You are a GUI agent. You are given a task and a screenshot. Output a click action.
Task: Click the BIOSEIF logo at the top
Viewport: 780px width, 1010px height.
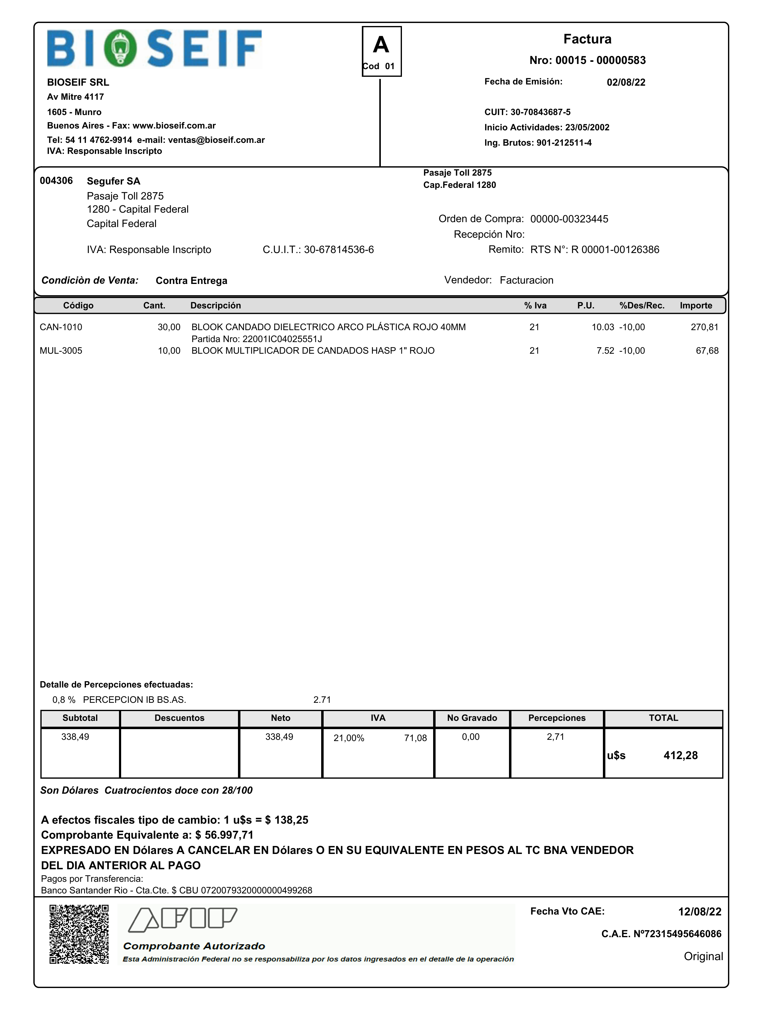tap(154, 49)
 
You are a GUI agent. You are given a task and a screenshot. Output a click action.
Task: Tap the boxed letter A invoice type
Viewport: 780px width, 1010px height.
tap(381, 45)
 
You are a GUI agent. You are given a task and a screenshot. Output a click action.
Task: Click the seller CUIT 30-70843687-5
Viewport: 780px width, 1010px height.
tap(540, 112)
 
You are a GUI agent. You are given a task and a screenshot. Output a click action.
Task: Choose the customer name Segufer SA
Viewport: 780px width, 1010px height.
tap(113, 181)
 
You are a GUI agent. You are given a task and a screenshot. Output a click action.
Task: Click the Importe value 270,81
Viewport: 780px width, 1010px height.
tap(704, 327)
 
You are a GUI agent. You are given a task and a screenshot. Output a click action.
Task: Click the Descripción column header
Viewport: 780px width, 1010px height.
tap(215, 306)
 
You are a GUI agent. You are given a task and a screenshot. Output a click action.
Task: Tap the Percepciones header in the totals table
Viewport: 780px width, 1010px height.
tap(557, 718)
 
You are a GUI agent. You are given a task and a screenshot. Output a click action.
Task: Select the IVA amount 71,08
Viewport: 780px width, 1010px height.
tap(415, 738)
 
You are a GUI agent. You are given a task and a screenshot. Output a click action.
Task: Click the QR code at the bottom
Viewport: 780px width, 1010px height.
tap(79, 934)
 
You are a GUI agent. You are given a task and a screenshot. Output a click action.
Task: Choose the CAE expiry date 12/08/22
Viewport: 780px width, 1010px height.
tap(699, 911)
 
